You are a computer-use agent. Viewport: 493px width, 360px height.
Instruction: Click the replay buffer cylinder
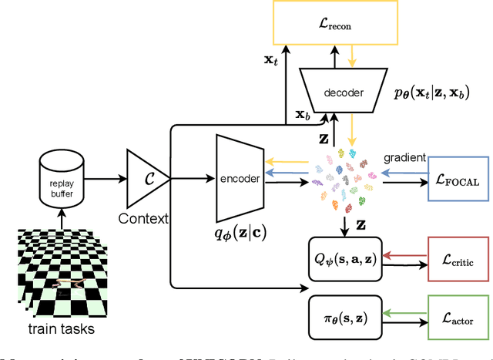point(62,178)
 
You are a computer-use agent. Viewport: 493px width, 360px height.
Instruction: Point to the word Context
point(143,218)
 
